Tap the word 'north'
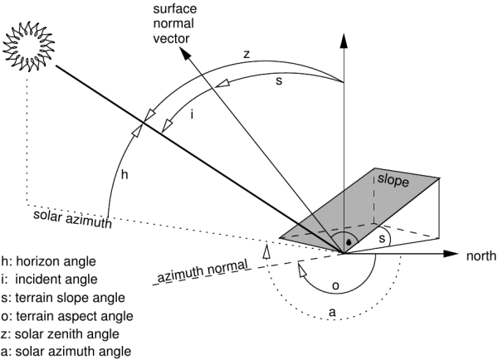[x=479, y=255]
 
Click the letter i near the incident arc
[x=193, y=114]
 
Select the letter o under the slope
[x=335, y=285]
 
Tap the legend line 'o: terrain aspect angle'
[x=66, y=315]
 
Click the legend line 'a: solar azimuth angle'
[x=66, y=352]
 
